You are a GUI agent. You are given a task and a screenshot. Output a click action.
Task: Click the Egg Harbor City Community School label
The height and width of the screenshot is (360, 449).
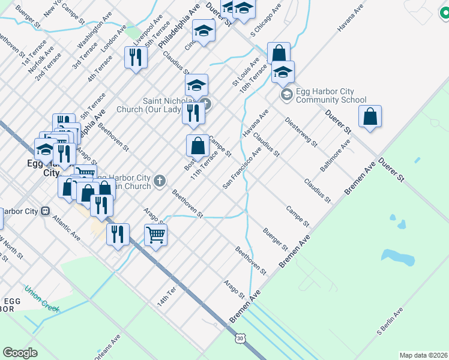332,96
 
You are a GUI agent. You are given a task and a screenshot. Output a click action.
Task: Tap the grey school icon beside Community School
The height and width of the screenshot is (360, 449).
286,94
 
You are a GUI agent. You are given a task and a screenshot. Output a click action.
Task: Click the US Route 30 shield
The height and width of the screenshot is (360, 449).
240,339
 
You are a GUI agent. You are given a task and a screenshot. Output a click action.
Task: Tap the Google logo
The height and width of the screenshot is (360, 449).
20,353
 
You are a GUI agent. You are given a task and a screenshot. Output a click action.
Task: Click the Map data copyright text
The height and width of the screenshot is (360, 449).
424,355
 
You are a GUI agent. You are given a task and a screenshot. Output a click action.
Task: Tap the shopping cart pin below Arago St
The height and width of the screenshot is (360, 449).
156,235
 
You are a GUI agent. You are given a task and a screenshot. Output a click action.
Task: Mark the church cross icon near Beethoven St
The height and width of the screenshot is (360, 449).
160,181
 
